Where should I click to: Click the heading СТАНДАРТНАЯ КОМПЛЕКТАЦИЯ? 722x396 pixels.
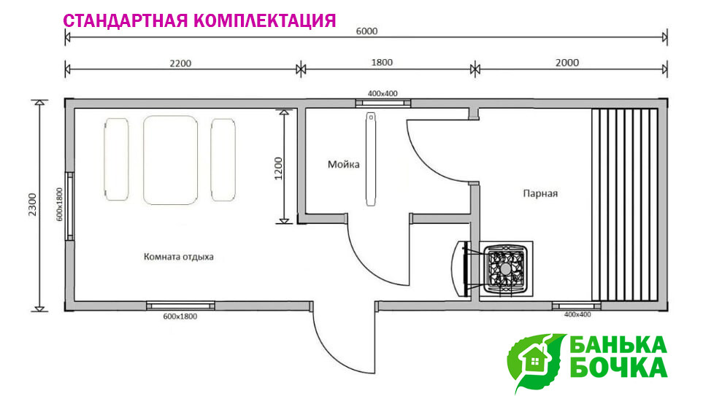tap(200, 20)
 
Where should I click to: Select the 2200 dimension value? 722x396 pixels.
tap(180, 63)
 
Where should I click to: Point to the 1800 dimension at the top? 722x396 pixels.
tap(381, 63)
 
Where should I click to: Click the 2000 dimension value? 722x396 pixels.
tap(567, 63)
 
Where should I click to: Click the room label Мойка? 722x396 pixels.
tap(344, 165)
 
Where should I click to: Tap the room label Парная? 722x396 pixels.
tap(540, 194)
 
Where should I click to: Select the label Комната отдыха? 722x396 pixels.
tap(179, 257)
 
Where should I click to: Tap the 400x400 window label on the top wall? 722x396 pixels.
tap(383, 93)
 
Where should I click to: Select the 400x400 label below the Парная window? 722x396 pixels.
tap(577, 314)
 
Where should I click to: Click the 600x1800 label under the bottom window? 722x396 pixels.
tap(180, 317)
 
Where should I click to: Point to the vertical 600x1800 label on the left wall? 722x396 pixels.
tap(60, 204)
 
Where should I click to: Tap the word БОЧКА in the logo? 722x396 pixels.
tap(618, 367)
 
